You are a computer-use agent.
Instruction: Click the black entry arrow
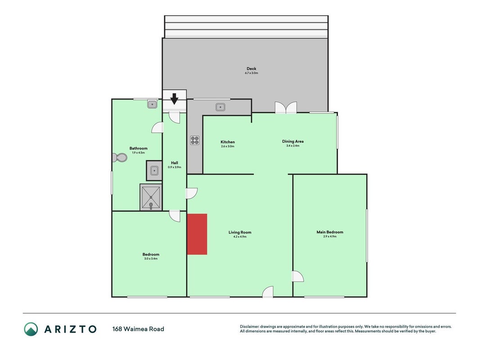pos(174,99)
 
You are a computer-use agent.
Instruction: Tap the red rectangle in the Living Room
pos(197,234)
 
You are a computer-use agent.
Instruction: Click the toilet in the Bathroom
pos(119,157)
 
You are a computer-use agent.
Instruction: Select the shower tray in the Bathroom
pos(151,197)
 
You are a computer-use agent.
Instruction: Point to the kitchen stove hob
pos(195,140)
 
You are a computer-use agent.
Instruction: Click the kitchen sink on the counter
pos(220,107)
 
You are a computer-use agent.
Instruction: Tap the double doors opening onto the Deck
pos(286,108)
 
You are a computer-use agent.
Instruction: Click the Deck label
pos(251,68)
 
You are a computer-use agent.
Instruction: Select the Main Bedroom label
pos(330,232)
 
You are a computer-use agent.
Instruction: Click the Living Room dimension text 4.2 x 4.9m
pos(240,237)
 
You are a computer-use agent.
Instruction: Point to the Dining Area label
pos(293,141)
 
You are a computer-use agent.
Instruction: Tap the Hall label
pos(175,163)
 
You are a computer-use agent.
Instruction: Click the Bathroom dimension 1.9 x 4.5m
pos(139,153)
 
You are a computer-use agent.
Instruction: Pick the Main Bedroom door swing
pos(298,276)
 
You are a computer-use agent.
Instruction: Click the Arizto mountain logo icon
pos(31,329)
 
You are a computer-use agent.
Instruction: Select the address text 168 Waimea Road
pos(138,329)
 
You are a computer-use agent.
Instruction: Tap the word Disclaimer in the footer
pos(250,327)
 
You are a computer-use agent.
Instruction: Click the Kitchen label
pos(228,142)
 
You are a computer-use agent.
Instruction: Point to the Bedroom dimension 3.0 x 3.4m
pos(151,259)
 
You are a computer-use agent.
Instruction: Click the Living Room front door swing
pos(268,292)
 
